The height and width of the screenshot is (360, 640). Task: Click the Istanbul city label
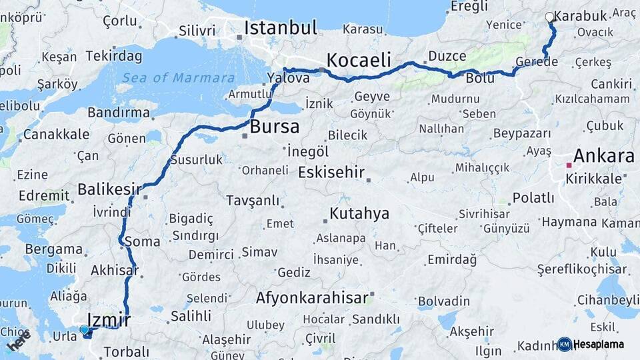pos(280,27)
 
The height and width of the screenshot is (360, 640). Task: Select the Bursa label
pos(275,127)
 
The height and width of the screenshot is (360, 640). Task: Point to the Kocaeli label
pos(359,60)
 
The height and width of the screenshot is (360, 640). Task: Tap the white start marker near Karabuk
pos(549,17)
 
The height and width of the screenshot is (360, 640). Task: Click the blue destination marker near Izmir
pos(84,329)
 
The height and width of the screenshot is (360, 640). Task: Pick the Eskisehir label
pos(331,172)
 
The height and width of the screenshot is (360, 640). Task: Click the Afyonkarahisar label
pos(312,298)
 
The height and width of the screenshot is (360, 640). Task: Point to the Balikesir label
pos(109,189)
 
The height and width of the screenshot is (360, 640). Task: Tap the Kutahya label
pos(359,214)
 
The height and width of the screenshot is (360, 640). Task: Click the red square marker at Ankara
pos(569,165)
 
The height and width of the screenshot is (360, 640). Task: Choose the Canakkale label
pos(56,135)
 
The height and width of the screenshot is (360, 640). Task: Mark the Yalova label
pos(289,78)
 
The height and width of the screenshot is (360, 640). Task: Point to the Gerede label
pos(537,61)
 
